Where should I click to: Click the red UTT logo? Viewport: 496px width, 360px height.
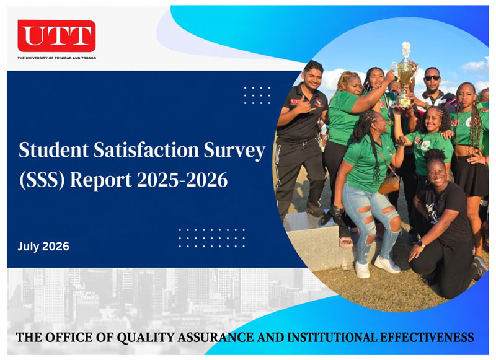click(56, 36)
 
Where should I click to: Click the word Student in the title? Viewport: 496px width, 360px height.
click(54, 150)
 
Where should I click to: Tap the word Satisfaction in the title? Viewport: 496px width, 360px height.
click(146, 150)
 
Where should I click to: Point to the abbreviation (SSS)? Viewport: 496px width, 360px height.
click(42, 180)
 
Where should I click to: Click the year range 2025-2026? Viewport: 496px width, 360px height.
click(182, 180)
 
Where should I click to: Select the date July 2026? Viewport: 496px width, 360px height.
click(43, 247)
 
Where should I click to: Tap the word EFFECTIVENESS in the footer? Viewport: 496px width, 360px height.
click(427, 337)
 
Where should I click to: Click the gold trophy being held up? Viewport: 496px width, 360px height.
click(404, 74)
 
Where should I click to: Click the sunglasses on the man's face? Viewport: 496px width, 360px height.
click(432, 77)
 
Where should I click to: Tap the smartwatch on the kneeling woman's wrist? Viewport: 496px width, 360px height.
click(421, 243)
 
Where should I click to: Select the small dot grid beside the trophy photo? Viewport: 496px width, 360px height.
click(257, 95)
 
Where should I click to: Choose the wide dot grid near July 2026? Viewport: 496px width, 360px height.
click(211, 239)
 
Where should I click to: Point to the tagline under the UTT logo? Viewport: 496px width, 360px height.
click(57, 58)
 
